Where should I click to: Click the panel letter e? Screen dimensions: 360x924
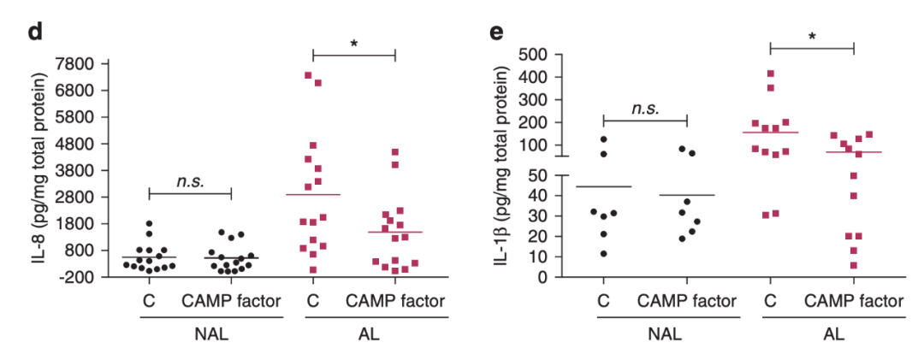tap(495, 33)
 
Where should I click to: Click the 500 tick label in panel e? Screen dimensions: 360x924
tap(551, 54)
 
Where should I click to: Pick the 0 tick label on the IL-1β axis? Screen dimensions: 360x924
tap(562, 277)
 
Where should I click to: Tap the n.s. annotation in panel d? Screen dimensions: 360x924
tap(189, 181)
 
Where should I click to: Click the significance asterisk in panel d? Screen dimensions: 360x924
tap(354, 44)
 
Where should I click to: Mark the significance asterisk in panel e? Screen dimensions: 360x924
tap(812, 38)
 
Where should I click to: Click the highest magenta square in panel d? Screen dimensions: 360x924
tap(308, 75)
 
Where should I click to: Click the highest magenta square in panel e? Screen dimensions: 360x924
tap(771, 74)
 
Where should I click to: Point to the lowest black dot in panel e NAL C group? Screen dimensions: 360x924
tap(605, 253)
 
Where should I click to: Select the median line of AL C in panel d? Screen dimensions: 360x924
tap(313, 195)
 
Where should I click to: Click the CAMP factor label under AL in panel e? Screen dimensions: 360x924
tap(854, 301)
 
